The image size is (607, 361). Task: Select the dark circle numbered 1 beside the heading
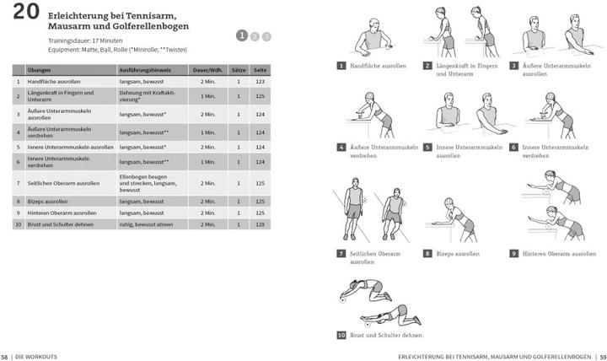pos(242,35)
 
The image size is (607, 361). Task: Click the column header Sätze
pos(238,70)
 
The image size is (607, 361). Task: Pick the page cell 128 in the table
pos(261,224)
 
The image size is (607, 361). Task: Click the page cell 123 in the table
pos(261,82)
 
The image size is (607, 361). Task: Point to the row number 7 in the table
pos(18,183)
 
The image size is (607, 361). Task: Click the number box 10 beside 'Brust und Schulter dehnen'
pos(341,335)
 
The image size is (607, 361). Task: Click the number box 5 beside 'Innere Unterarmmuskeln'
pos(427,147)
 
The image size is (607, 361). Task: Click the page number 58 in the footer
pos(5,356)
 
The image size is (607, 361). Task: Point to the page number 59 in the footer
pos(602,356)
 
